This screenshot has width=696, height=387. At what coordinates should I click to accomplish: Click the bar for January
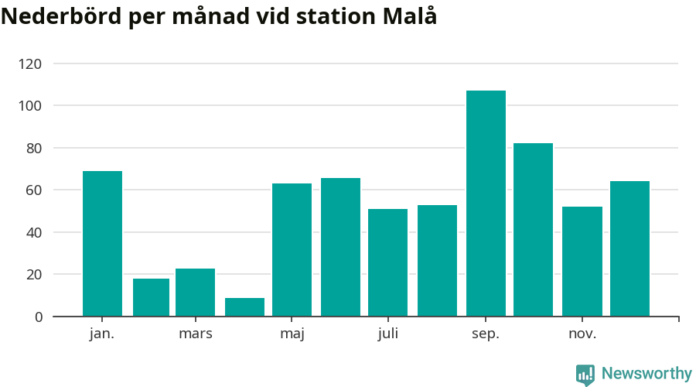(102, 244)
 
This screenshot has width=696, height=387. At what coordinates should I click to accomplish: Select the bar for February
(151, 297)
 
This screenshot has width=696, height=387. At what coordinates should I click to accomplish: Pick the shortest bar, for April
(244, 307)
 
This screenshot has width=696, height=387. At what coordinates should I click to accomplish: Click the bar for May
(292, 250)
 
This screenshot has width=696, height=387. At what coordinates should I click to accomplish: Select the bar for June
(340, 247)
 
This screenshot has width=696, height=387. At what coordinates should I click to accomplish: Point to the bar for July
(387, 262)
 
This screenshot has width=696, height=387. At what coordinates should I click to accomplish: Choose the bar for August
(437, 261)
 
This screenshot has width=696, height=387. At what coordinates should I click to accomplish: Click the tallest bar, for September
(486, 204)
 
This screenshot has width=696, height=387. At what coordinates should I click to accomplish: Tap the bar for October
(533, 230)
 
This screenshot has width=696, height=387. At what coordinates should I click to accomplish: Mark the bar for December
(629, 248)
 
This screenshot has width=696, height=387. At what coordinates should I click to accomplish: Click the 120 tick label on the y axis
(31, 63)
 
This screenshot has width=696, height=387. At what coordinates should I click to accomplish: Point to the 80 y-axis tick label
(34, 148)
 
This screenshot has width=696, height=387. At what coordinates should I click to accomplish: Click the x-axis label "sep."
(486, 334)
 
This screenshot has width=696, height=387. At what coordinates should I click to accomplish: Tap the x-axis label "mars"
(195, 334)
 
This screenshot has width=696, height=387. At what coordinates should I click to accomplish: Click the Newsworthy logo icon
(585, 375)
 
